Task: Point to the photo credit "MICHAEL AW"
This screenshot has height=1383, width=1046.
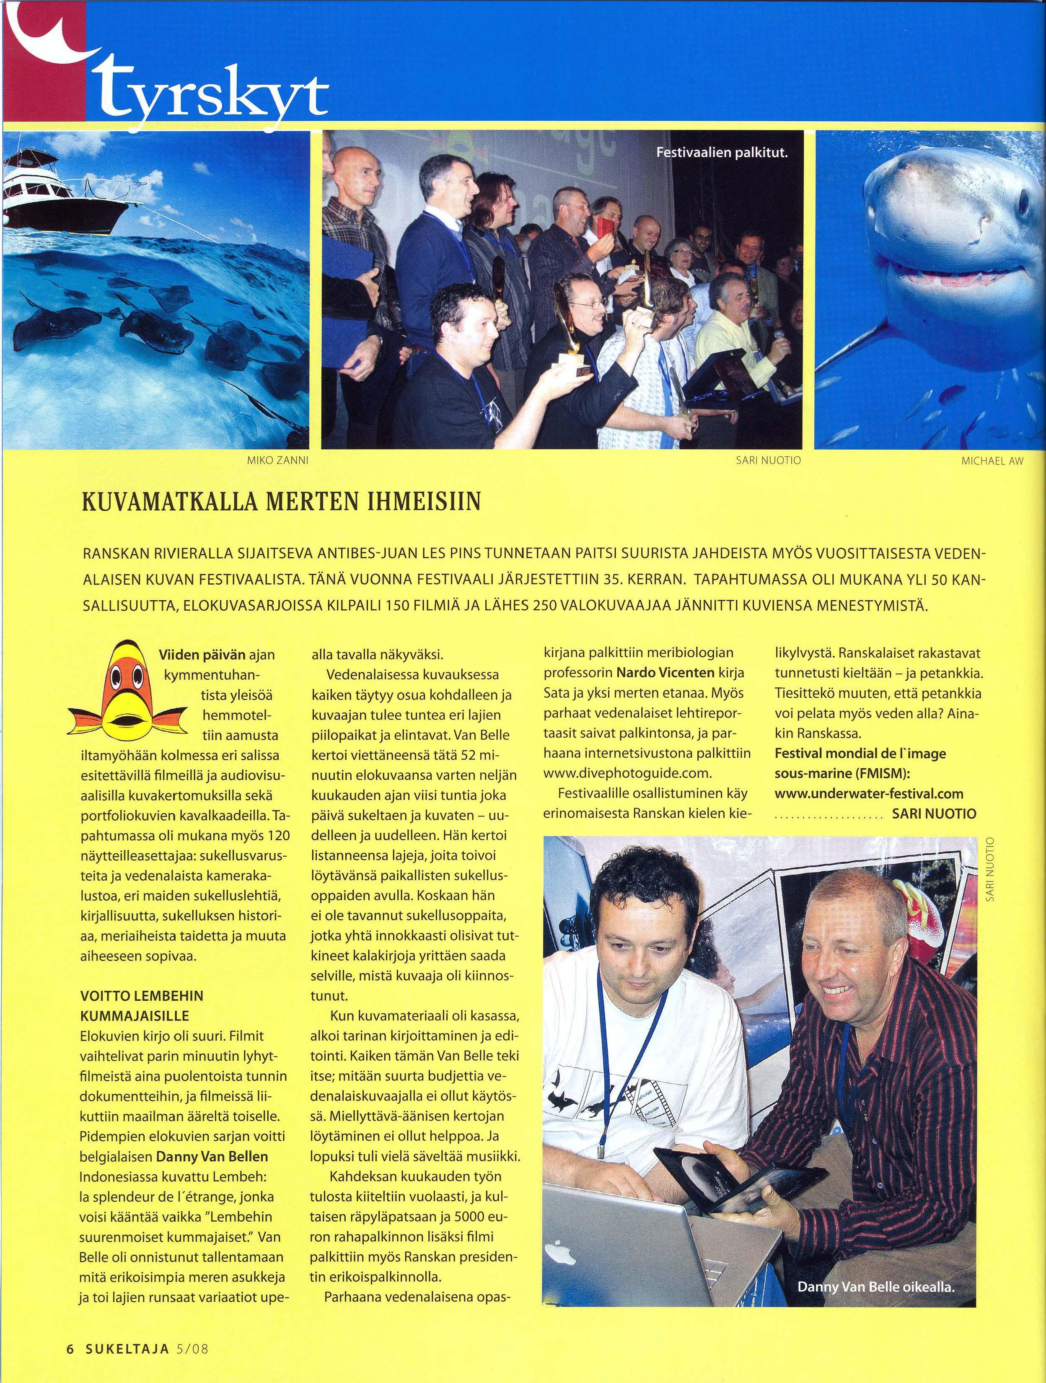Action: (x=992, y=461)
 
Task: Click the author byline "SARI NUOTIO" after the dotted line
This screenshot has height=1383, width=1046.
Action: (x=933, y=813)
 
